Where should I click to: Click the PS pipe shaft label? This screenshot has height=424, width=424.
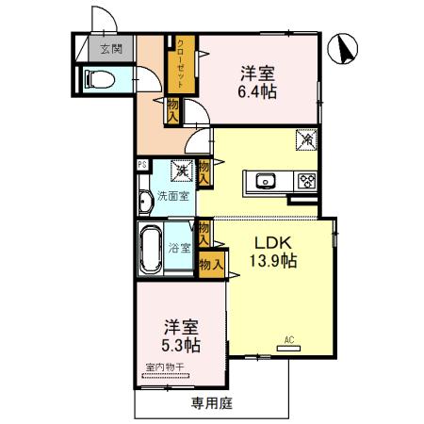coord(141,165)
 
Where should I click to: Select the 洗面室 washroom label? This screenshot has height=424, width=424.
coord(173,197)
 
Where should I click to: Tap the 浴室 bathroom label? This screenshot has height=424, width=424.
coord(179,248)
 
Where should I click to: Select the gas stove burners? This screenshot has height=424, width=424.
coord(305,181)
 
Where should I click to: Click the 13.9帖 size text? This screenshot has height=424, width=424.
coord(272,261)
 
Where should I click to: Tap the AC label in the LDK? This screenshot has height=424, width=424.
coord(288,339)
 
